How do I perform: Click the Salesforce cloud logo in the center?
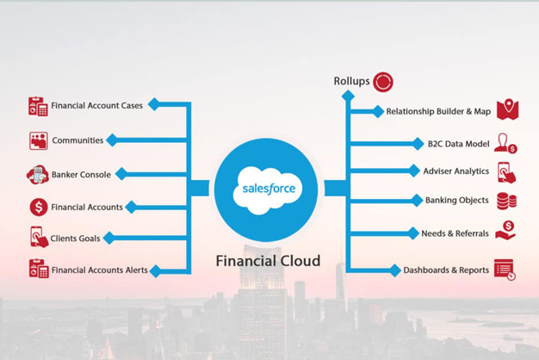coord(268,190)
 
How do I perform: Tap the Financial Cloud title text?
coord(268,261)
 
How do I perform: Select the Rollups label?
coord(351,81)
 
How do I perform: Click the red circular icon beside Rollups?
coord(383,82)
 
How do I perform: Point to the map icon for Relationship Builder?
coord(507,109)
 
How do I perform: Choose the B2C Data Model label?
coord(459,144)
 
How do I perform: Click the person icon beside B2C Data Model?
coord(505,143)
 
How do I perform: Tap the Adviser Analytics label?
coord(456,171)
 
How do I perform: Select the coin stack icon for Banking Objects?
coord(506,202)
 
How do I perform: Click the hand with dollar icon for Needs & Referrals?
coord(505,230)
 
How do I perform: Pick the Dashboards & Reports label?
coord(446,270)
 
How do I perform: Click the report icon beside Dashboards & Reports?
coord(505,270)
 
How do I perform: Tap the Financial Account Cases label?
coord(97,106)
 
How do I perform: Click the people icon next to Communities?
coord(39,140)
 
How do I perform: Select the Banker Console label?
coord(81,175)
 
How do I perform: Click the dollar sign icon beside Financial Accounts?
coord(39,207)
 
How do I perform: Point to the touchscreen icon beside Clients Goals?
coord(39,237)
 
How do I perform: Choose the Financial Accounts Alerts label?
coord(100,270)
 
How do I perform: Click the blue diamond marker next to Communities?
coord(112,140)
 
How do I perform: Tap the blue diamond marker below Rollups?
coord(348,96)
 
